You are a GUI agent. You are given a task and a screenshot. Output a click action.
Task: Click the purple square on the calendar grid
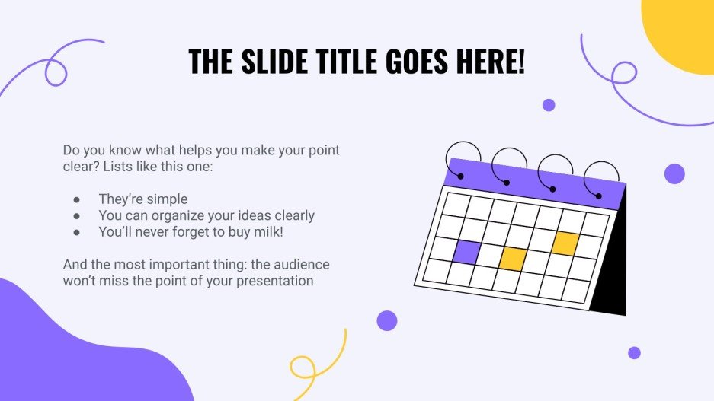tap(466, 252)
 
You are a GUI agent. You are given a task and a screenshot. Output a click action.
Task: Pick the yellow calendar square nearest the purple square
tap(513, 258)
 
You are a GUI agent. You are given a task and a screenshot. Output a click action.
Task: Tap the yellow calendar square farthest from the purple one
tap(565, 243)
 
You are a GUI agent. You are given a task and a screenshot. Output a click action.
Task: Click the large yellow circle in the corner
tap(682, 30)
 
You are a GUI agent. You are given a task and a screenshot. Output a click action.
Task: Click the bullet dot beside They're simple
tap(77, 199)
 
